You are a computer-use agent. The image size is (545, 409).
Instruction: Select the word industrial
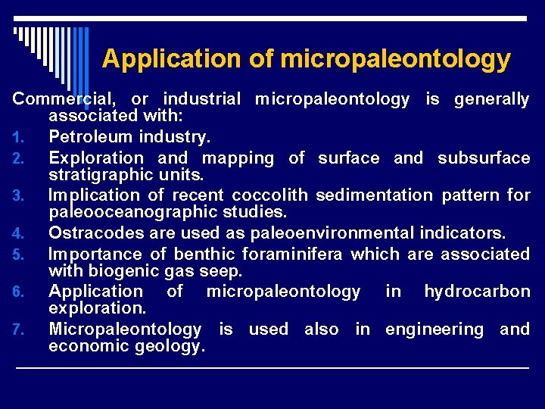[202, 98]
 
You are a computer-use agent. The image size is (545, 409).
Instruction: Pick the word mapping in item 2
[238, 158]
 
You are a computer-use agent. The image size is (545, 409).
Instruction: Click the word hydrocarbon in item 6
[477, 292]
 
